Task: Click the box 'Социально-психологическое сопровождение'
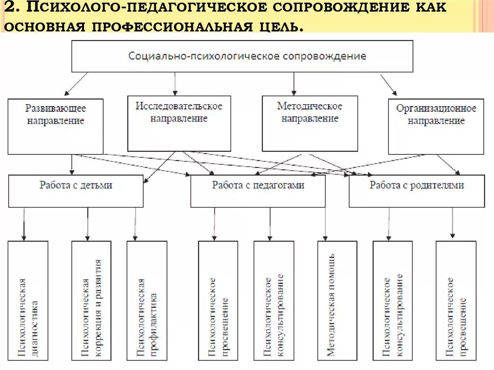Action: point(242,56)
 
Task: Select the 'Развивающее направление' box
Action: point(55,126)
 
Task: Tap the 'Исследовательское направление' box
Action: point(178,123)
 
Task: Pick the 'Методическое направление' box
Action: point(310,123)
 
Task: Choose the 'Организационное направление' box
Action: point(436,126)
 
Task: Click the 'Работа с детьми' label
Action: point(76,185)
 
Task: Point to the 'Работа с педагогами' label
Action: point(258,185)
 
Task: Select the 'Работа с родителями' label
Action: point(416,185)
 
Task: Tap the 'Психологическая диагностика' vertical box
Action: point(28,300)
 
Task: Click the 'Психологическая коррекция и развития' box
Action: point(91,300)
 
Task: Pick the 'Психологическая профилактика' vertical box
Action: point(147,300)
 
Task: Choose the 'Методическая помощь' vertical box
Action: point(337,300)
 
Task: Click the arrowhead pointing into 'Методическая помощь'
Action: point(326,238)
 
